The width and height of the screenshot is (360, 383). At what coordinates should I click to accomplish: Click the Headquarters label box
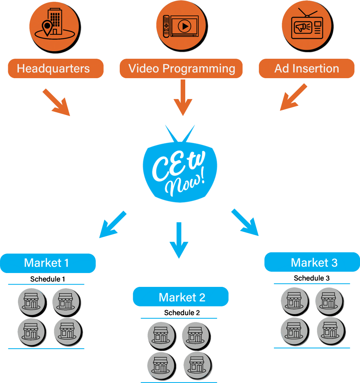tap(55, 68)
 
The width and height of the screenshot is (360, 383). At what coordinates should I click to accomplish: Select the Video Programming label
tap(181, 68)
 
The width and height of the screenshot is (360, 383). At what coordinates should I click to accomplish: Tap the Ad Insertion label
tap(306, 68)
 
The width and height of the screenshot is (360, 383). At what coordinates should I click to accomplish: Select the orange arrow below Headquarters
tap(57, 102)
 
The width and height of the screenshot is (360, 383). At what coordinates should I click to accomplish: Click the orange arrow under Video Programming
tap(183, 98)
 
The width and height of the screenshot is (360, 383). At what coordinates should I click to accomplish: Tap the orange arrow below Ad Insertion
tap(293, 98)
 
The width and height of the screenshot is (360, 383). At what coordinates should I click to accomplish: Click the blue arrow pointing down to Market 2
tap(179, 240)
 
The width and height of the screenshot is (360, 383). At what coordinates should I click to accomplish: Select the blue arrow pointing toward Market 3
tap(245, 223)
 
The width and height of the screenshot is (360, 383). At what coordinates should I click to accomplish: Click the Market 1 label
tap(48, 263)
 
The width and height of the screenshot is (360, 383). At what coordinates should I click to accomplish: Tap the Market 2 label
tap(181, 297)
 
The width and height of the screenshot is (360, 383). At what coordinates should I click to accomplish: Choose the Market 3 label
tap(312, 262)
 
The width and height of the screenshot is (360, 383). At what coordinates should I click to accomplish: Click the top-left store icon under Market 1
tap(31, 301)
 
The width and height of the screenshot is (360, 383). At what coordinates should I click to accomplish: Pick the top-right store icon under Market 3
tap(329, 300)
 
